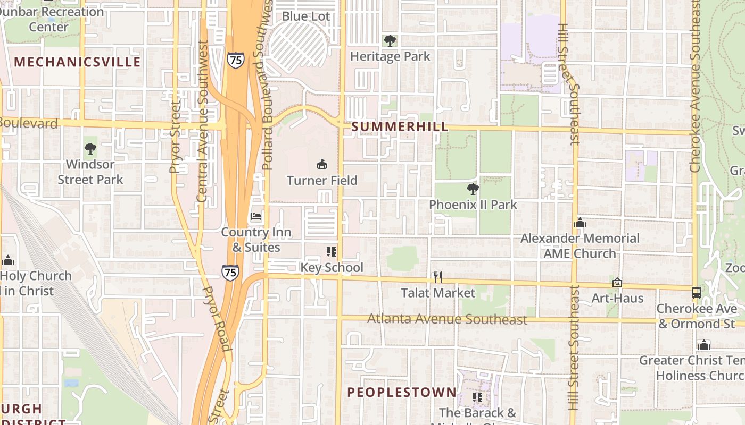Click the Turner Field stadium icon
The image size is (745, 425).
(321, 165)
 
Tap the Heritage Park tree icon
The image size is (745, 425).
(390, 41)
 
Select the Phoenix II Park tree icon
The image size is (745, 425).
(473, 189)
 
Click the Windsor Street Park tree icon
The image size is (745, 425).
(90, 149)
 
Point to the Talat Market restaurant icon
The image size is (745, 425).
(437, 277)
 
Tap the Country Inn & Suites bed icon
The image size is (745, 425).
(256, 216)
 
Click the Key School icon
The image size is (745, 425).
(332, 252)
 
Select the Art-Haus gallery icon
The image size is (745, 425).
(617, 283)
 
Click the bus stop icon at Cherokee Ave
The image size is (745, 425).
(696, 292)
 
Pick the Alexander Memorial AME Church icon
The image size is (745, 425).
(580, 223)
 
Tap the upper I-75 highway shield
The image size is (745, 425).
(235, 59)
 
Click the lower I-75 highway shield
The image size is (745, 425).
(230, 273)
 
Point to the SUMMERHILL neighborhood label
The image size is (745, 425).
(400, 127)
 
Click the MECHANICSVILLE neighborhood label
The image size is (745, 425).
(78, 62)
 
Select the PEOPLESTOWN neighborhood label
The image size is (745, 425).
(402, 393)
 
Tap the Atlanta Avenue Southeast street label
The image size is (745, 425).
(448, 319)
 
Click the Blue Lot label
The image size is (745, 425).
(306, 16)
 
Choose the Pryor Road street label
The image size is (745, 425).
(217, 319)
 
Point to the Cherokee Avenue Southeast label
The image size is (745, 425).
(694, 85)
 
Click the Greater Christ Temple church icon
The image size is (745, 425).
(704, 345)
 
